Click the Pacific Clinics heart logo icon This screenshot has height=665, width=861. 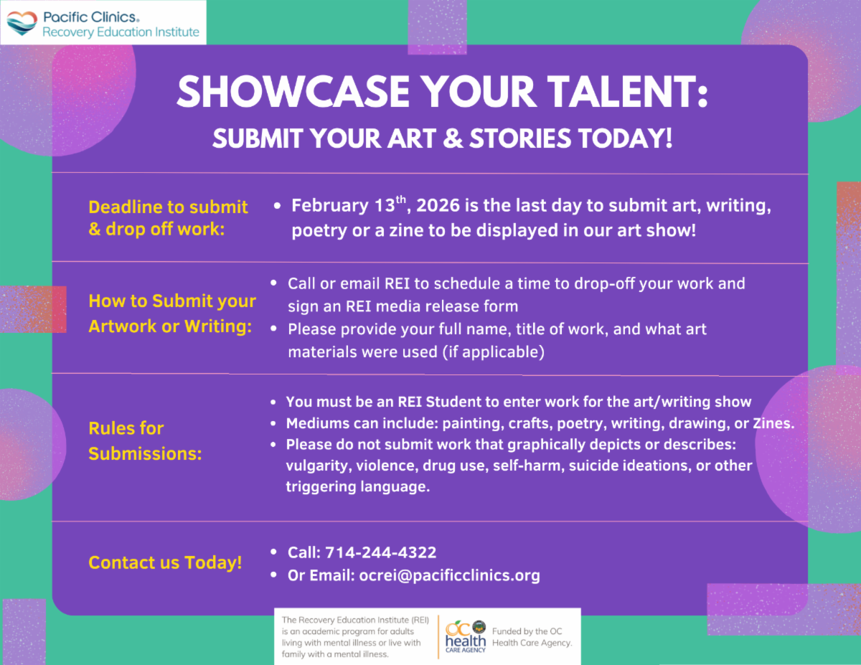(x=22, y=23)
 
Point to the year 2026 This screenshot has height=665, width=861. (x=438, y=207)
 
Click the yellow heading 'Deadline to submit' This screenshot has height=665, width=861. (x=168, y=207)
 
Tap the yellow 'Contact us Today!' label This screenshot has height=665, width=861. (x=165, y=562)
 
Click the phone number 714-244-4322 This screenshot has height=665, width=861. (x=380, y=552)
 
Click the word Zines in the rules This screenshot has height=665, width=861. (x=773, y=423)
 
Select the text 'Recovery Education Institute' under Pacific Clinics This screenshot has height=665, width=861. (x=121, y=32)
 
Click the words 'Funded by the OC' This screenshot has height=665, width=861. (x=527, y=631)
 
